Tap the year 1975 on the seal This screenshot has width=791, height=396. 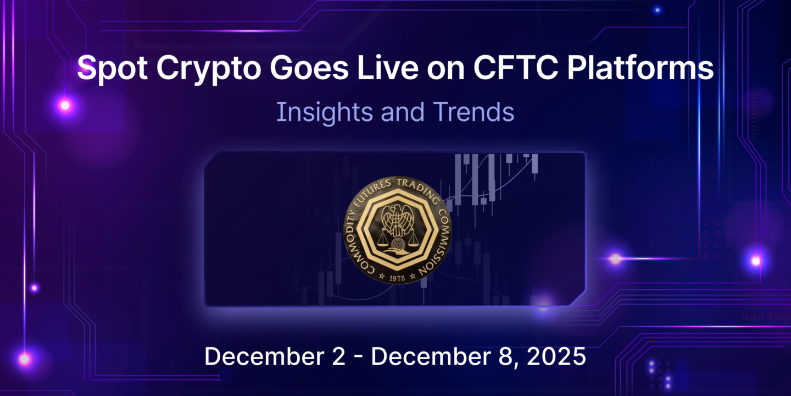click(396, 278)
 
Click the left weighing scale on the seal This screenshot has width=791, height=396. click(382, 238)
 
